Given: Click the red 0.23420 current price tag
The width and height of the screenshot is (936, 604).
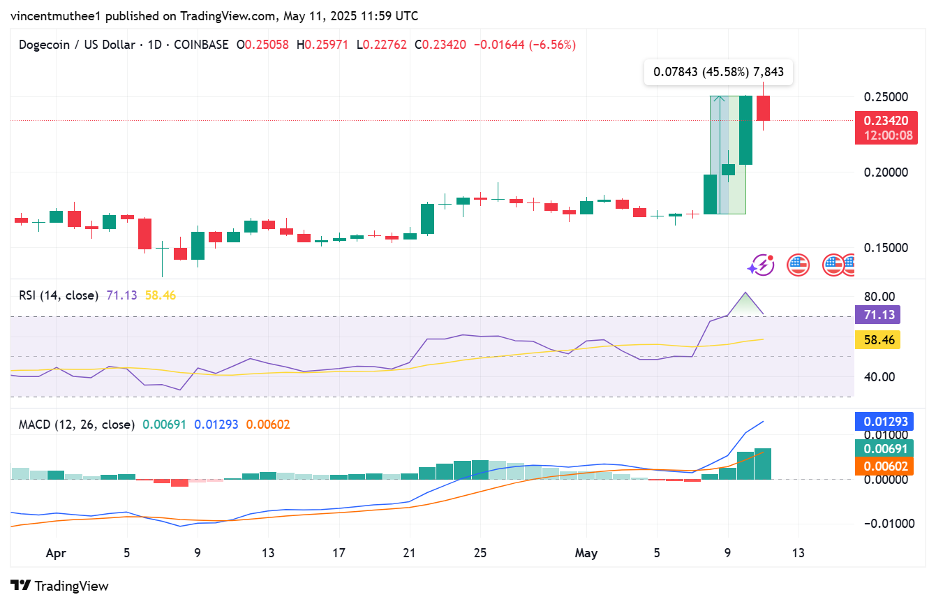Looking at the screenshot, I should [886, 121].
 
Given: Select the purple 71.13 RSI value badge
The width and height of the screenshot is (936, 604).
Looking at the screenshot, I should [877, 315].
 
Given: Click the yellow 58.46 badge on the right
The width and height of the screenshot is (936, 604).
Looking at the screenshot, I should [877, 339].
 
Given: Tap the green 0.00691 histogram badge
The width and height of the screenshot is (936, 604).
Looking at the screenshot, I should [885, 449].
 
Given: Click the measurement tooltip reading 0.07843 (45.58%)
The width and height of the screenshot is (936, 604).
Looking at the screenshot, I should [718, 72].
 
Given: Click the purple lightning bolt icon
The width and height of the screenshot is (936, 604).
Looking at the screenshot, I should [761, 265].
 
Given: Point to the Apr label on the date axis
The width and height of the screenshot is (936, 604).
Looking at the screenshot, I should [56, 553].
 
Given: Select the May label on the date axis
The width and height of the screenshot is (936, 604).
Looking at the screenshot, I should [586, 553].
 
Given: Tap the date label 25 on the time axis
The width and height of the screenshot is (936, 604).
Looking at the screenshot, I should [480, 553].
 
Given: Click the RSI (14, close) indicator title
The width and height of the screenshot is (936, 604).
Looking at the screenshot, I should [58, 295].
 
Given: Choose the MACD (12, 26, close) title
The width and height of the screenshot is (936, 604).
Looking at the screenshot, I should [76, 424].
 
